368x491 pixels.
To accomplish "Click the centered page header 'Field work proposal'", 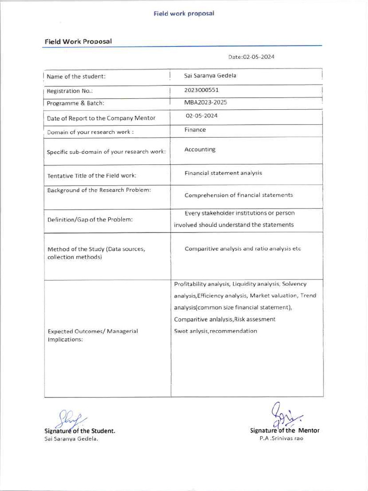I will pos(184,13).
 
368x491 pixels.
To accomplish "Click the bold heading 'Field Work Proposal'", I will pos(78,41).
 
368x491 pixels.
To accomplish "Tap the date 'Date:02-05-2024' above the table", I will pos(251,57).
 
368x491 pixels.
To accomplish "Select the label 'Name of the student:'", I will pos(76,77).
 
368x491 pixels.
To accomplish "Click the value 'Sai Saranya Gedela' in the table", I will pos(210,76).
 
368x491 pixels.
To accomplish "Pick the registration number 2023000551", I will pos(201,90).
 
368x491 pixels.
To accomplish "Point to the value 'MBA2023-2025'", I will pos(206,102).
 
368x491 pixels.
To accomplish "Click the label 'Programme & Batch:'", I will pos(76,103).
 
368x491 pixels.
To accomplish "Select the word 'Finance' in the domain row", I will pos(195,130).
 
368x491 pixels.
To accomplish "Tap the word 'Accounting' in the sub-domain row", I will pos(200,150).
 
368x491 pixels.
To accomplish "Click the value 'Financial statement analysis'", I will pos(223,173).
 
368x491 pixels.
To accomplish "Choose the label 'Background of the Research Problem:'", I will pos(99,190).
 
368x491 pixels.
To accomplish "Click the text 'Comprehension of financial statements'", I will pos(239,195).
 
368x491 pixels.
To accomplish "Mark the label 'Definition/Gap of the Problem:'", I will pos(90,220).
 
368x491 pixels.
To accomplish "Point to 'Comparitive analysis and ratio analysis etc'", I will pos(242,249).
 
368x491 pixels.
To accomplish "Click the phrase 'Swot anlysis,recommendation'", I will pos(216,331).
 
